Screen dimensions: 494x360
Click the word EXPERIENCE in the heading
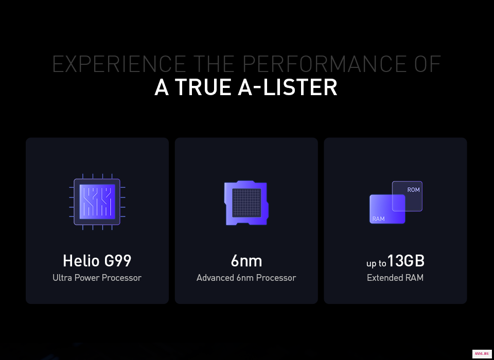point(119,64)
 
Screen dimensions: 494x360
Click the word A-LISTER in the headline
point(288,87)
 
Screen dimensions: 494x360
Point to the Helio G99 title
point(97,261)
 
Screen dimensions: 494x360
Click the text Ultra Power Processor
point(97,278)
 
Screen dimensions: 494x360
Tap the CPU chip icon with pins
point(97,202)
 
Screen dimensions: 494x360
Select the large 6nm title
point(246,261)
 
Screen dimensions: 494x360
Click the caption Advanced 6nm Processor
point(246,278)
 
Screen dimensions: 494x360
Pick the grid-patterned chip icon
point(246,203)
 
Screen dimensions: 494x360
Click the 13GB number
point(406,261)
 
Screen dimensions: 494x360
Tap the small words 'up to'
point(376,263)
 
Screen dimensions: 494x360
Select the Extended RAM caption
point(395,278)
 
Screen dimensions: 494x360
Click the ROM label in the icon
point(413,190)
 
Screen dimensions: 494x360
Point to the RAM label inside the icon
point(378,219)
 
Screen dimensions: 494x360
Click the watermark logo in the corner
point(482,354)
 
